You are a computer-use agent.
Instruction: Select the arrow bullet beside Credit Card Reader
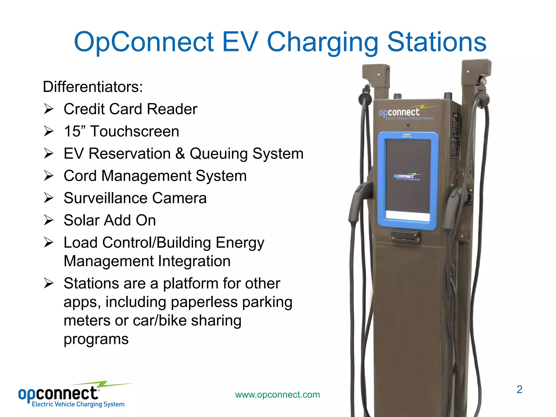click(49, 109)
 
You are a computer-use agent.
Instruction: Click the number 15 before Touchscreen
click(72, 131)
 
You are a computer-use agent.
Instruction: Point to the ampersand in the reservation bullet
click(180, 154)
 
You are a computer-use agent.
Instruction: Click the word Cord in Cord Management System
click(80, 176)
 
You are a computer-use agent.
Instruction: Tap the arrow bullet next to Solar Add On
click(49, 220)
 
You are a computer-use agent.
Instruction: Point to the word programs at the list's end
click(96, 339)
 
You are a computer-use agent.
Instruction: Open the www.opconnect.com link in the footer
click(277, 394)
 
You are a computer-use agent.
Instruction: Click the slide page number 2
click(519, 390)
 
